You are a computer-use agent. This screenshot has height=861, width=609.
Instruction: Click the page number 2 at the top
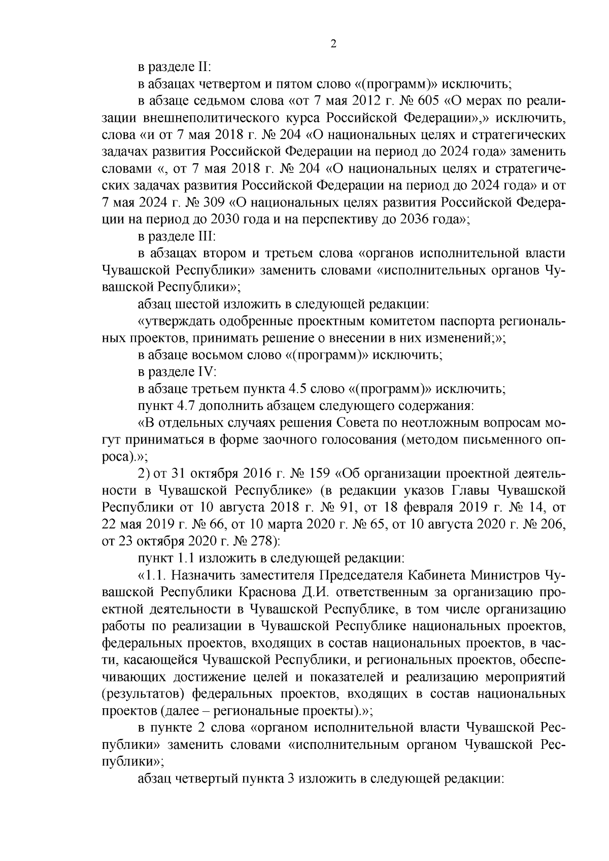(333, 44)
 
